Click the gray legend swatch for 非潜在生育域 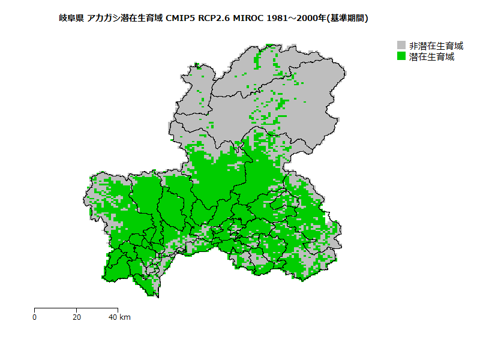tap(401, 46)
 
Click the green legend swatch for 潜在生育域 tap(401, 56)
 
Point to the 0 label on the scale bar tap(35, 317)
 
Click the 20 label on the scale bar tap(76, 317)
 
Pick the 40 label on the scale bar tap(113, 317)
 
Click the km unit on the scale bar tap(125, 317)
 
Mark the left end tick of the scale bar tap(35, 309)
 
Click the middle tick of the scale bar tap(76, 309)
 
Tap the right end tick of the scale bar tap(118, 309)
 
